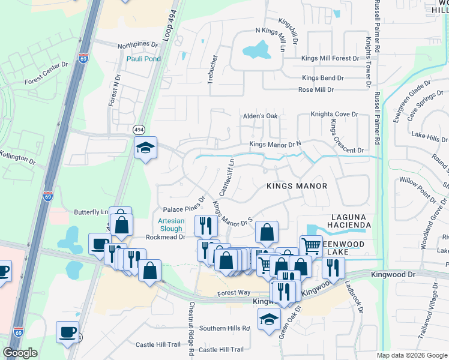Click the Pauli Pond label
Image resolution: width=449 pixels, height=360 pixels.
(143, 58)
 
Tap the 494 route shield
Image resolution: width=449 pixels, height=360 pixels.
(139, 130)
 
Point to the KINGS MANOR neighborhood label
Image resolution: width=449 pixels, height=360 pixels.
(297, 186)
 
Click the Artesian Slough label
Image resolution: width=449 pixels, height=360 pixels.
(170, 225)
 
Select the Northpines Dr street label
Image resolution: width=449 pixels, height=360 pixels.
(137, 45)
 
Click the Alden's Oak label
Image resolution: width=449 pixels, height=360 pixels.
(260, 116)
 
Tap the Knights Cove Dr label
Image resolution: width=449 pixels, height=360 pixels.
(334, 114)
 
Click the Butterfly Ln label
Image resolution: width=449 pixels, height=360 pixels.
(91, 212)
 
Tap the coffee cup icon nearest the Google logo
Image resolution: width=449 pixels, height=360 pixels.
(67, 332)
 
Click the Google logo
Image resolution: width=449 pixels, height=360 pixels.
(20, 353)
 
